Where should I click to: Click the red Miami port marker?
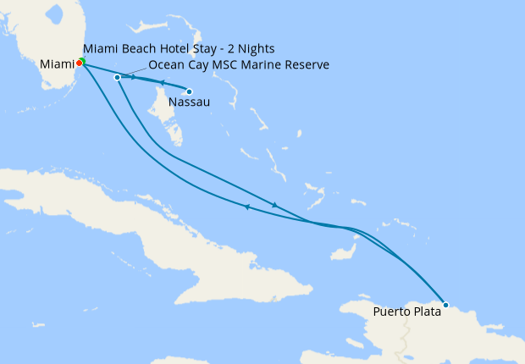click(x=79, y=63)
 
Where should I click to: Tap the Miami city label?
click(x=56, y=63)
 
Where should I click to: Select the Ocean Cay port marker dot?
click(x=117, y=78)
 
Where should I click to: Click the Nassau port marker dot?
click(x=189, y=91)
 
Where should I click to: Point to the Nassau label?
click(x=185, y=103)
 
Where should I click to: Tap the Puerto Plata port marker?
click(x=445, y=304)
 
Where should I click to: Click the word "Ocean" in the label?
click(x=165, y=64)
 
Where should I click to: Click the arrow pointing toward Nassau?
click(x=134, y=77)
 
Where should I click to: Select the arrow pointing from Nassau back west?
click(x=161, y=82)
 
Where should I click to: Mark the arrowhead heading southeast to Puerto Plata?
click(x=274, y=205)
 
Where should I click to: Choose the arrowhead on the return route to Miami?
click(x=246, y=207)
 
